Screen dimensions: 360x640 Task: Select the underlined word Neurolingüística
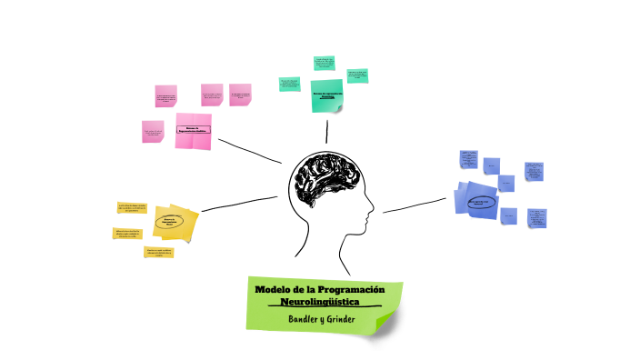321,301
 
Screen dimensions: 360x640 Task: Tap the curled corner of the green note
386,323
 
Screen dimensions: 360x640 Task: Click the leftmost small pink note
153,132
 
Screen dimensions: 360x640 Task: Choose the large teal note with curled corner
326,95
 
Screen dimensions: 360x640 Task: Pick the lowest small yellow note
158,252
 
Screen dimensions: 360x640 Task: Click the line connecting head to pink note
250,151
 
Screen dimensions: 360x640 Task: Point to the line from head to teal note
326,132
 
